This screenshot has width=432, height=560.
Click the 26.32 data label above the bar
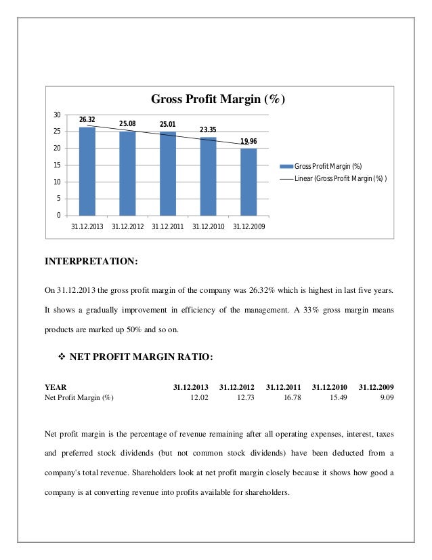tap(87, 120)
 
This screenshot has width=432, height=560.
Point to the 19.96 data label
tap(249, 141)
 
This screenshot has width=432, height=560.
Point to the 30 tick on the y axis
tap(58, 115)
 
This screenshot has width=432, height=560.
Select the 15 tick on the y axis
tap(58, 165)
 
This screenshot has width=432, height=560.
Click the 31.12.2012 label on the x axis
tap(127, 226)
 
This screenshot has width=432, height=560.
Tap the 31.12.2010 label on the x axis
tap(209, 226)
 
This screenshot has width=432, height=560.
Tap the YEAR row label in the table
tap(56, 387)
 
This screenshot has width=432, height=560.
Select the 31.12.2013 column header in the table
tap(191, 387)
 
